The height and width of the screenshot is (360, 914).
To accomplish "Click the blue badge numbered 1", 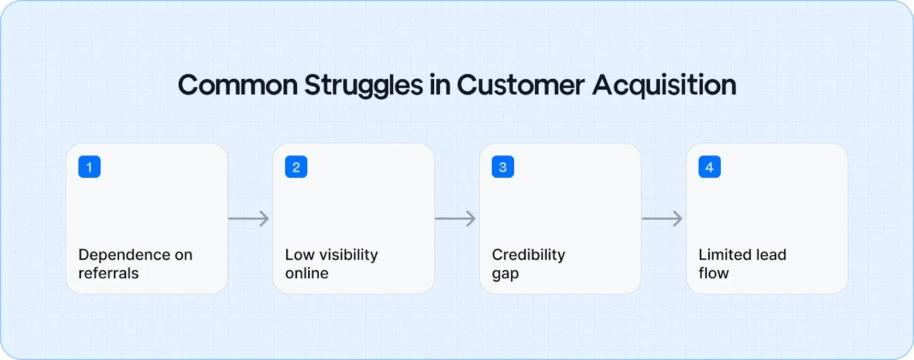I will coord(89,167).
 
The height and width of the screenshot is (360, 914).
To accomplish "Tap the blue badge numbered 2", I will coord(296,167).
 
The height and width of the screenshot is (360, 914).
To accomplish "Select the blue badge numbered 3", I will coord(503,167).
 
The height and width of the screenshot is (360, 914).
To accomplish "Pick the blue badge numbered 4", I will coord(709,167).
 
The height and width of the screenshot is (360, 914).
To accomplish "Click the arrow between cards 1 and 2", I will coord(249,218).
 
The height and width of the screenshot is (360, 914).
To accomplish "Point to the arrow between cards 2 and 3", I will coord(456,218).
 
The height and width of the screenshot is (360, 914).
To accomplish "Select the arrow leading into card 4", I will coord(663,218).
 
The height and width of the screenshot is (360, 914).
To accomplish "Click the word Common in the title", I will coord(238,86).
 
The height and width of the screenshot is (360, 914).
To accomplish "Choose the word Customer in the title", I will coord(520,86).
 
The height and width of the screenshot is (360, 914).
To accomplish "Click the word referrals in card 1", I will coord(109,274).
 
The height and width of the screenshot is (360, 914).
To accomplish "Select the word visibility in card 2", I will coord(348,255).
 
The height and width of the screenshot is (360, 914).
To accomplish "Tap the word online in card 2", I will coord(307,274).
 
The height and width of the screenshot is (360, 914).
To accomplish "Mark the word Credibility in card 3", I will coord(528,255).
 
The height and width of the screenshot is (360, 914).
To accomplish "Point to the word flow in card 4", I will coord(713,274).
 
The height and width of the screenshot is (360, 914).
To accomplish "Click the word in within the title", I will coord(440,86).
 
